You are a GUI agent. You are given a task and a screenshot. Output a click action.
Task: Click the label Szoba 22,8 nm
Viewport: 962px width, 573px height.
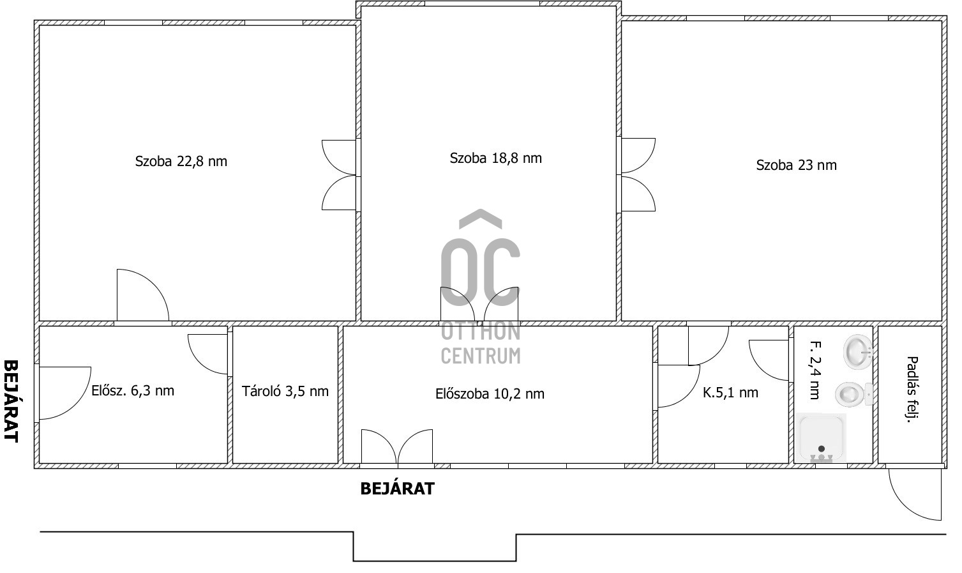[181, 161]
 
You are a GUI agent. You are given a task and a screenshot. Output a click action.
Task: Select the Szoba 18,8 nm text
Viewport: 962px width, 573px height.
[495, 158]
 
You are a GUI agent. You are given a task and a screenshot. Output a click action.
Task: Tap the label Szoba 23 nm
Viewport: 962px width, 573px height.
[796, 165]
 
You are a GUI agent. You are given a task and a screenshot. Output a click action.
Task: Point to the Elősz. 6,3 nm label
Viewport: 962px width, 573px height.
[133, 390]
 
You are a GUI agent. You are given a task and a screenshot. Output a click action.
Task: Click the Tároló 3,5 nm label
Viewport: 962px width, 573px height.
[285, 391]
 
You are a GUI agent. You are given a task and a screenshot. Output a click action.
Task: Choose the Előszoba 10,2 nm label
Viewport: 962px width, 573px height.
[490, 393]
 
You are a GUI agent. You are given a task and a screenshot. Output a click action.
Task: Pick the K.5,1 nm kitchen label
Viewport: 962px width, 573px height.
[730, 393]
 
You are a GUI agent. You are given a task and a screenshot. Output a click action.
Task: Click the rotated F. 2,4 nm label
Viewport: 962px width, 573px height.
[814, 371]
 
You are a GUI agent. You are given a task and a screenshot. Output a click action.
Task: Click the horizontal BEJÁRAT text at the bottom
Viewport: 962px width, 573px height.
[397, 489]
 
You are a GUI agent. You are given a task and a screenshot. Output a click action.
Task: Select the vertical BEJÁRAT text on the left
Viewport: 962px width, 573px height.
[11, 401]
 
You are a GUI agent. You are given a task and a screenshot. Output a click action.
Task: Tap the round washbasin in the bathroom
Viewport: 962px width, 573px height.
[857, 351]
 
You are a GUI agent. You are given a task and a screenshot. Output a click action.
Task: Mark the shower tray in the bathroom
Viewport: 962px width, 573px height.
[822, 438]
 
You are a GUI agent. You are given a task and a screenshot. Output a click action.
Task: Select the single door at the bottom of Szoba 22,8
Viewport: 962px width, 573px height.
[142, 296]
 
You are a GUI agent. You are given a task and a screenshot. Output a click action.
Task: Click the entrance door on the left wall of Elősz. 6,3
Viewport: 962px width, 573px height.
[63, 393]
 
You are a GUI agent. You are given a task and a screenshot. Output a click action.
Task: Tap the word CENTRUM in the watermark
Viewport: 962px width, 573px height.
[480, 355]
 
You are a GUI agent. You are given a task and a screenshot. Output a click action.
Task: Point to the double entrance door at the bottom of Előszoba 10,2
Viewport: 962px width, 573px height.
[397, 446]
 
